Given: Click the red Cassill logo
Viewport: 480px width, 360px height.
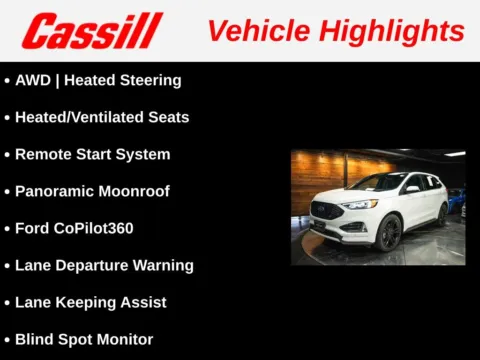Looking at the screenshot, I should [92, 30].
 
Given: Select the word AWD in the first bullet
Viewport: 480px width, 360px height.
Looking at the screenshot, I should [34, 80].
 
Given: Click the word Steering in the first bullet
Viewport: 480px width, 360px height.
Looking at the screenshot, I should [150, 80].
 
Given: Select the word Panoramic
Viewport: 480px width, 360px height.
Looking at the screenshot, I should [55, 191].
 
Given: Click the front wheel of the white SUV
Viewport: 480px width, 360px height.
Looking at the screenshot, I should [388, 233].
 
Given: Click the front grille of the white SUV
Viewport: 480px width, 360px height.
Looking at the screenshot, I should [326, 212].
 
